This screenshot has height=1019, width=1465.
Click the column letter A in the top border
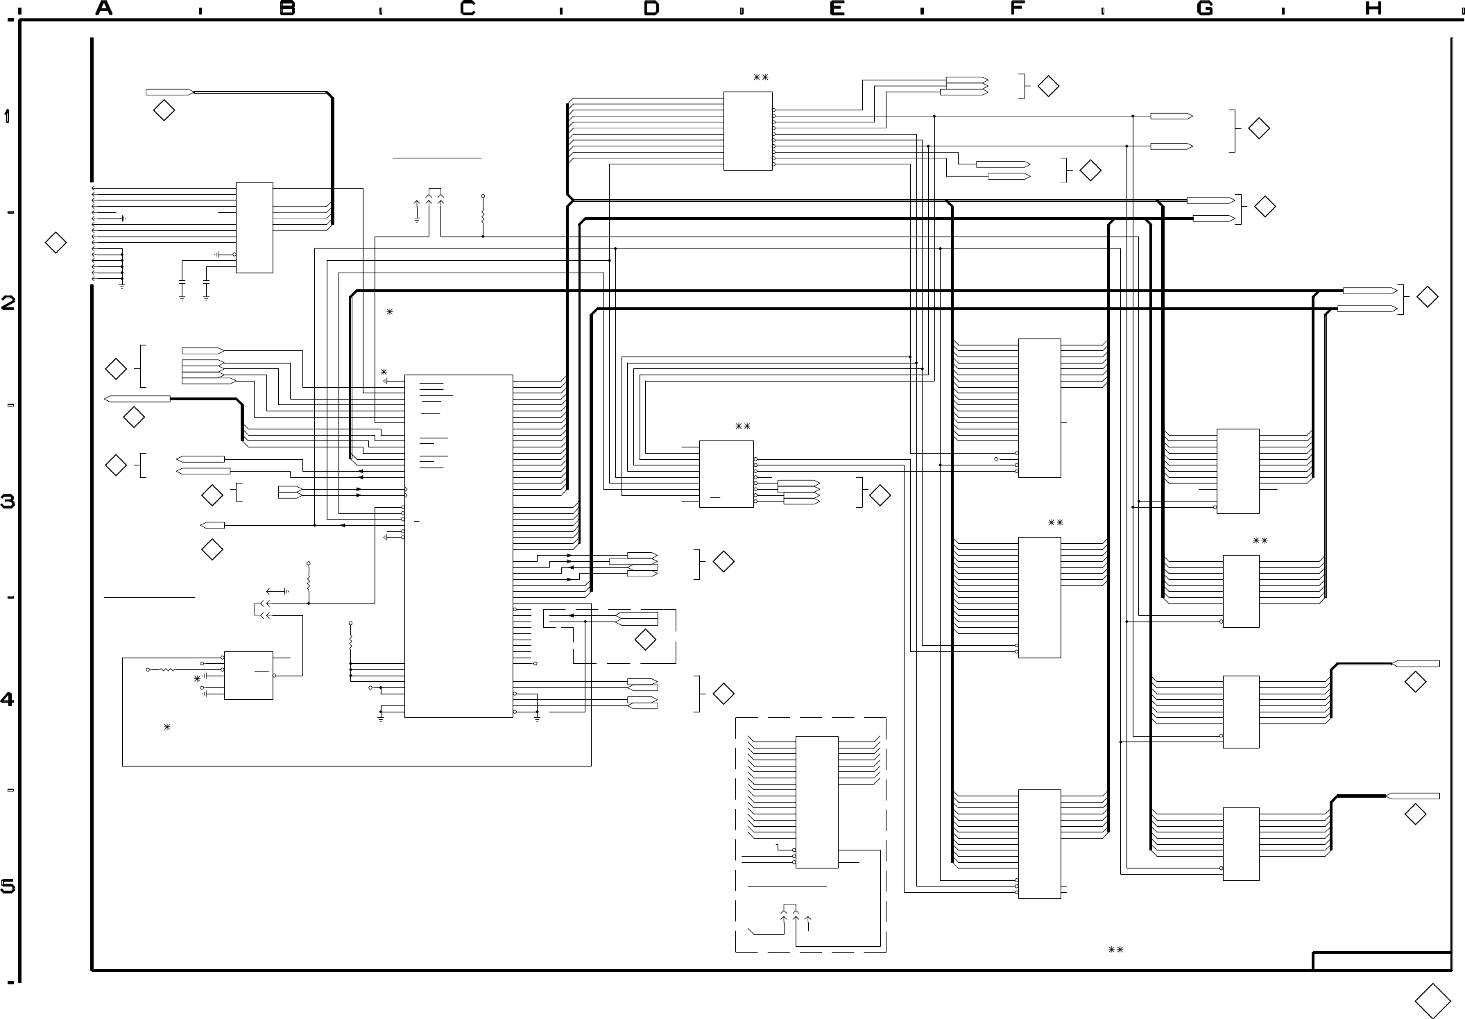[104, 8]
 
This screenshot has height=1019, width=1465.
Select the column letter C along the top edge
[468, 8]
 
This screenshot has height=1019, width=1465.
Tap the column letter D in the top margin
[651, 8]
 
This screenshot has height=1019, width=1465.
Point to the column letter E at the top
[837, 8]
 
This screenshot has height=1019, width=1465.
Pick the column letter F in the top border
[1018, 8]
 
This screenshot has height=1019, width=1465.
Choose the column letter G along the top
[1205, 8]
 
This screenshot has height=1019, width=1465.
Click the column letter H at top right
[1373, 8]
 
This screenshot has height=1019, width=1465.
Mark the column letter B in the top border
[288, 8]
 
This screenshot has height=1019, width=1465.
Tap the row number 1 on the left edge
[8, 117]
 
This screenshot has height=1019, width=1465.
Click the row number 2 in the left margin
[8, 303]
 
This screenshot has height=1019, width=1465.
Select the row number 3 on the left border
[8, 502]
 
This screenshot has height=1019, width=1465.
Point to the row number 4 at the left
[8, 700]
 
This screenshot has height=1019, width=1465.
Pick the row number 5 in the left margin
[8, 887]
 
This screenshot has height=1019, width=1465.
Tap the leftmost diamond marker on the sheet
[55, 243]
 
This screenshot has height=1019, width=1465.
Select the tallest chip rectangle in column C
[459, 547]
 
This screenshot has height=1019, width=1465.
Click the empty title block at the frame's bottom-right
[1382, 961]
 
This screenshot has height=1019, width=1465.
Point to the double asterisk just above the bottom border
[1115, 950]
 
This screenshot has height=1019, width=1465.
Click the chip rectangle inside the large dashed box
[816, 802]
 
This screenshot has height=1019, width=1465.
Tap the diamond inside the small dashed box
[646, 640]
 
